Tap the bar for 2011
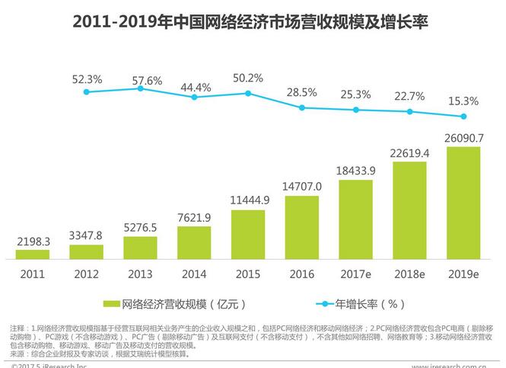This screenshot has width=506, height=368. (33, 254)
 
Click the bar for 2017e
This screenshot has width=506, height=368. (356, 219)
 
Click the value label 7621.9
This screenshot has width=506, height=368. (194, 217)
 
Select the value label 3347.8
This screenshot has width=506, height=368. (87, 235)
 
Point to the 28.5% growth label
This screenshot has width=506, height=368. (302, 92)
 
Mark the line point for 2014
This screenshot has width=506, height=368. (194, 98)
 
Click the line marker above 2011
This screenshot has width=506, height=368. (87, 91)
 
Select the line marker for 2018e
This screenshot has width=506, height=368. (410, 111)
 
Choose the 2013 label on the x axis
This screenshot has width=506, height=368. (140, 273)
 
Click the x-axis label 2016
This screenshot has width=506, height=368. (302, 273)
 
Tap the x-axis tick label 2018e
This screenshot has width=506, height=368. (410, 273)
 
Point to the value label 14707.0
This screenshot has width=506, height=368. (302, 186)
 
